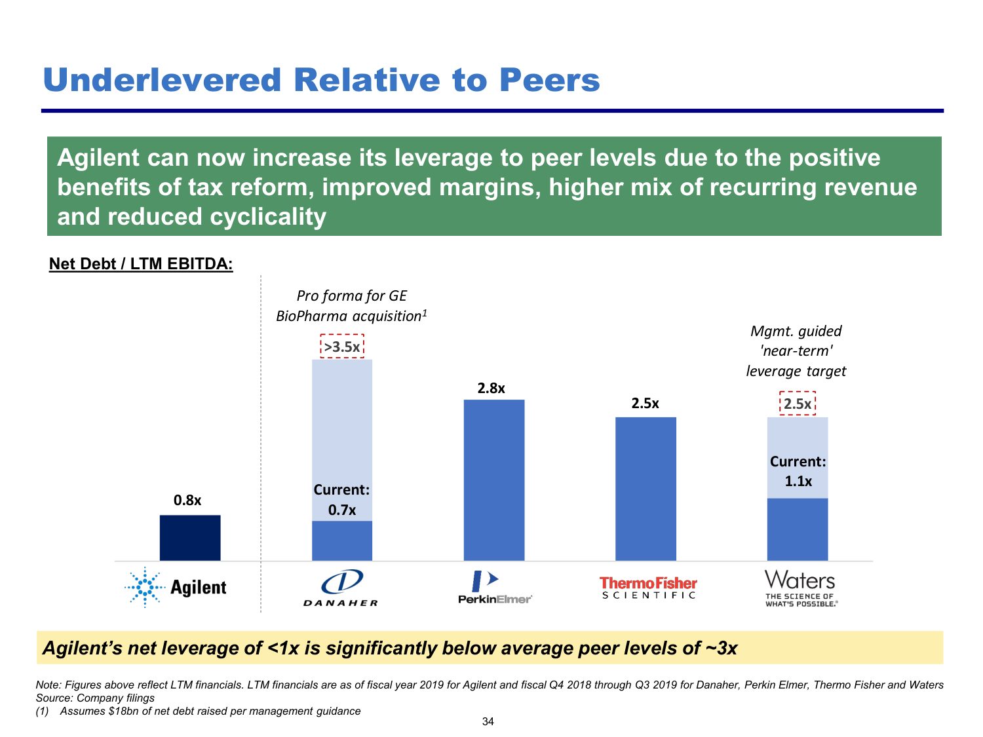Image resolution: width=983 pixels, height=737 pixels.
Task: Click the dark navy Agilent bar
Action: tap(190, 537)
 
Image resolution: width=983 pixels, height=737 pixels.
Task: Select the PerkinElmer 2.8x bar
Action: tap(494, 480)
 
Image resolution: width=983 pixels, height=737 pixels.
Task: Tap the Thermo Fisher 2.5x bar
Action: tap(646, 488)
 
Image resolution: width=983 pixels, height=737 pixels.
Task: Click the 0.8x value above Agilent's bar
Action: tap(187, 501)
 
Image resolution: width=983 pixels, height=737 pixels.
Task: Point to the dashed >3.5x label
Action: tap(342, 347)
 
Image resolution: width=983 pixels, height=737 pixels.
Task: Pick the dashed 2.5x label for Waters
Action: tap(798, 404)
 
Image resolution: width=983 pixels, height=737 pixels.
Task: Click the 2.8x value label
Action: tap(491, 388)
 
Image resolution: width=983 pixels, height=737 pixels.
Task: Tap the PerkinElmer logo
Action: tap(495, 588)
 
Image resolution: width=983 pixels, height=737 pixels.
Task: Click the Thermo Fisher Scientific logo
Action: tap(648, 588)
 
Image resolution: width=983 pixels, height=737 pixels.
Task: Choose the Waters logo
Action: tap(800, 588)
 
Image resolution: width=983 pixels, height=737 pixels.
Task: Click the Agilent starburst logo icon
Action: tap(144, 587)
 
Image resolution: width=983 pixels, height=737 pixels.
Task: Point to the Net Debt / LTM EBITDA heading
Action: tap(141, 264)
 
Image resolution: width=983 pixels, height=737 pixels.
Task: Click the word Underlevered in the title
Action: tap(161, 81)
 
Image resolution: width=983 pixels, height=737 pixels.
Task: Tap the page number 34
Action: tap(488, 721)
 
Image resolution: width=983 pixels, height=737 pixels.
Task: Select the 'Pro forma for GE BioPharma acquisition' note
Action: tap(351, 306)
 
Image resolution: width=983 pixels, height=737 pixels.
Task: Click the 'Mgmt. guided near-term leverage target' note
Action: tap(796, 351)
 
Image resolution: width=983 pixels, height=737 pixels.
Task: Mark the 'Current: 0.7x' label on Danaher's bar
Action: tap(341, 500)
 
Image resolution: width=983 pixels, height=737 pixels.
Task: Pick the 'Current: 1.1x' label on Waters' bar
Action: tap(798, 471)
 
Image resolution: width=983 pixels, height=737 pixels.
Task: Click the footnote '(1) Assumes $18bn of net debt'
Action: tap(198, 711)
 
